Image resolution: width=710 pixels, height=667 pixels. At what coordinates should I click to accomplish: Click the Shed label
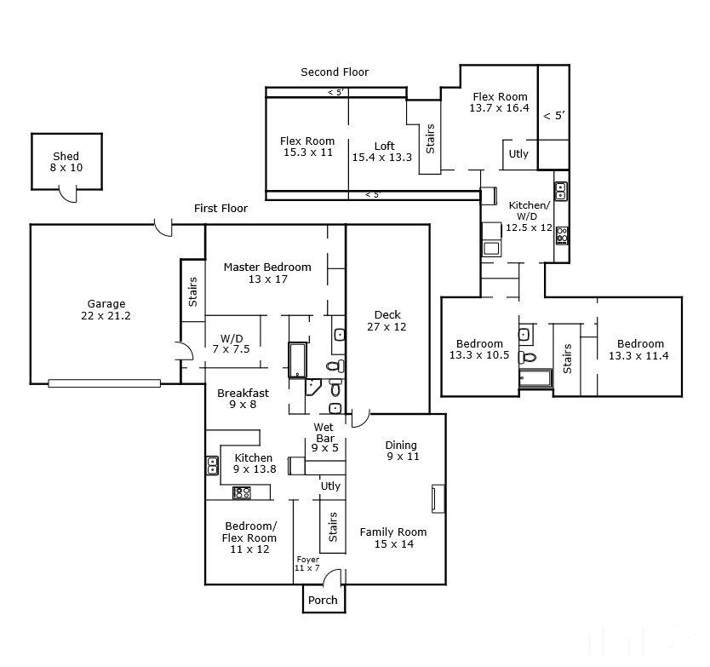[66, 162]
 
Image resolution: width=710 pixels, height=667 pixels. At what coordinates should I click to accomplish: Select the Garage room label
[106, 310]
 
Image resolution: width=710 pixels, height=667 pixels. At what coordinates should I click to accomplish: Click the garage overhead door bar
[104, 383]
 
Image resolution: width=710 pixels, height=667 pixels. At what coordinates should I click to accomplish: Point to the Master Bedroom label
[267, 273]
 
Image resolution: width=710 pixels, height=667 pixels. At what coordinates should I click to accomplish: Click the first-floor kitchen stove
[241, 492]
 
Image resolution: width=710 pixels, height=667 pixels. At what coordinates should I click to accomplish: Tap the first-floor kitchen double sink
[212, 465]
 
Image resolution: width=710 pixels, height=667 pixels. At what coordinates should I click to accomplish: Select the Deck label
[387, 321]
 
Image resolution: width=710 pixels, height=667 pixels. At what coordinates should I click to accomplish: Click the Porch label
[323, 600]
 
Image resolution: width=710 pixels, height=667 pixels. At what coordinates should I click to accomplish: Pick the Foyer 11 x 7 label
[307, 564]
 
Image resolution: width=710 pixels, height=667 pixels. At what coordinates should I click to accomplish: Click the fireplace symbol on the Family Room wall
[438, 499]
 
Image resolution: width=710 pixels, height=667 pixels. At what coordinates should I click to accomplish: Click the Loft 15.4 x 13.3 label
[382, 152]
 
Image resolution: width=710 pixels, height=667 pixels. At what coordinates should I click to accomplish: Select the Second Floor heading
[335, 72]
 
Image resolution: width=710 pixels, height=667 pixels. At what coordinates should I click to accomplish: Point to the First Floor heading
[221, 209]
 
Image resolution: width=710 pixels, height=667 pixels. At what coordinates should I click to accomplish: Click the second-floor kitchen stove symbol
[563, 236]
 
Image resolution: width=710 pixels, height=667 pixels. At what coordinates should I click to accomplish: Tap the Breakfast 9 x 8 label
[243, 399]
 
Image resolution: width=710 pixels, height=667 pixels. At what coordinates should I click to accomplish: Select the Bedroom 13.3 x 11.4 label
[638, 350]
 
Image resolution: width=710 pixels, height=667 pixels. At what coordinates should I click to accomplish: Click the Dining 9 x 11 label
[402, 451]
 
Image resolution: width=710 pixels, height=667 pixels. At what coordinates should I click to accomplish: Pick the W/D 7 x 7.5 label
[232, 344]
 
